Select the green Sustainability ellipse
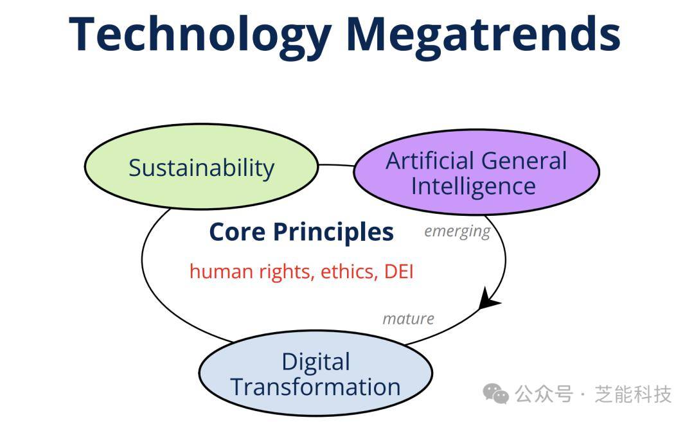(x=201, y=166)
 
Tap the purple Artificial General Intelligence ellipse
(x=476, y=173)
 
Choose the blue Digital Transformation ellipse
(x=316, y=373)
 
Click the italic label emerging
(x=458, y=231)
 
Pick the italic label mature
(x=408, y=319)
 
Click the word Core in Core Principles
(x=237, y=232)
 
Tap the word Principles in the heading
(x=334, y=233)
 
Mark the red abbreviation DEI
(x=399, y=272)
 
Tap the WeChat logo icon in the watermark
(x=495, y=393)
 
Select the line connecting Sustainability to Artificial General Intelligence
(x=336, y=166)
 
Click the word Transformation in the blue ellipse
(x=316, y=387)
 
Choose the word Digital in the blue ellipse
(x=316, y=362)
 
